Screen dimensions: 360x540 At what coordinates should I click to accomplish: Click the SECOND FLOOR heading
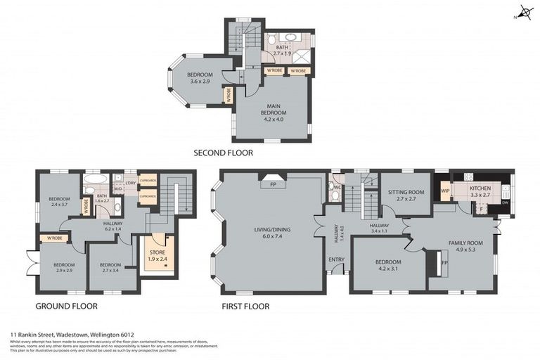(223, 153)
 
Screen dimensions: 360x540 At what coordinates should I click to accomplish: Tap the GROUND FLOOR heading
(66, 307)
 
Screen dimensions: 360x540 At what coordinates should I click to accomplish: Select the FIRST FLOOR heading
(245, 307)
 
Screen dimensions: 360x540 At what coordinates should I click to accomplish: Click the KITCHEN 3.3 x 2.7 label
(480, 191)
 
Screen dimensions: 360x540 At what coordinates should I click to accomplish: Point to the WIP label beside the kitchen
(444, 191)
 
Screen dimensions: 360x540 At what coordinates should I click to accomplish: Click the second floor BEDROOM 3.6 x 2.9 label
(200, 79)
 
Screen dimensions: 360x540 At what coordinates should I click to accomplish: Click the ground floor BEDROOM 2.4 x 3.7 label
(58, 202)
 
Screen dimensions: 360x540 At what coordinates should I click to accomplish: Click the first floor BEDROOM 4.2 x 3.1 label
(388, 266)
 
